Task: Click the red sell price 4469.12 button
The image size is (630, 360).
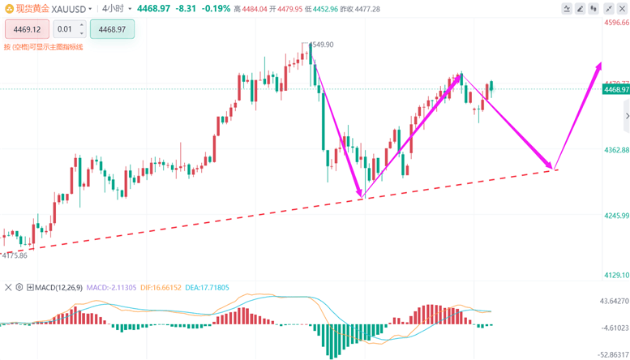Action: [27, 29]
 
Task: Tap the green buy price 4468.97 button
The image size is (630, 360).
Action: [112, 29]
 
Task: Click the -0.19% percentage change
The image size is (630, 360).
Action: [215, 8]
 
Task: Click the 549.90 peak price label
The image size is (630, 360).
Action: [322, 45]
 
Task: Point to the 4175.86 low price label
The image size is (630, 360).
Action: [15, 255]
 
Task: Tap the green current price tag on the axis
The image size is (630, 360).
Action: [615, 89]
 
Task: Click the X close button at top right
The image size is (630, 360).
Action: [622, 8]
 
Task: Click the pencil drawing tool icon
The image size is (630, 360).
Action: [581, 8]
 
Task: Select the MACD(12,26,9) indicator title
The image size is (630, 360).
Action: [58, 287]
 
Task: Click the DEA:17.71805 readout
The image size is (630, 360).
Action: [207, 287]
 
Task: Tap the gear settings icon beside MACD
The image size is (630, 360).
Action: [19, 287]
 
